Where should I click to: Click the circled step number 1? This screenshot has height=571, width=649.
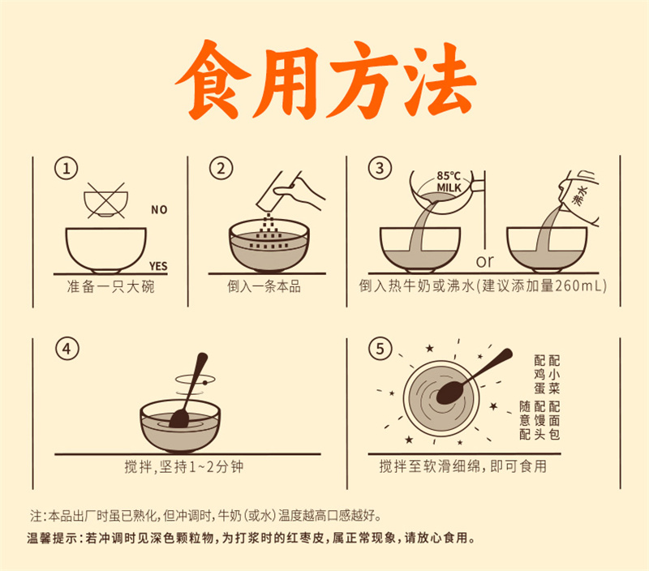tap(67, 169)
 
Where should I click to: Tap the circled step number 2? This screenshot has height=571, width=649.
tap(221, 169)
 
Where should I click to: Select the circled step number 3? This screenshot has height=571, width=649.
tap(380, 169)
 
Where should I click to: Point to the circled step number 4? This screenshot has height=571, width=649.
tap(67, 350)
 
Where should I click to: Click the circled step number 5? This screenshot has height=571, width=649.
tap(380, 349)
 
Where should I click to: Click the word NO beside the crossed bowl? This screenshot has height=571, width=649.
tap(159, 210)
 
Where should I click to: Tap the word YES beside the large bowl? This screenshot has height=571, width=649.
tap(158, 266)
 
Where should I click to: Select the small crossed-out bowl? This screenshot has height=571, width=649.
tap(105, 200)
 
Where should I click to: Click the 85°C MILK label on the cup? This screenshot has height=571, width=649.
tap(449, 182)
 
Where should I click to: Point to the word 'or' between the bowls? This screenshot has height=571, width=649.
tap(484, 261)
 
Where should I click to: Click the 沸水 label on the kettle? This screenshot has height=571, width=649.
tap(580, 195)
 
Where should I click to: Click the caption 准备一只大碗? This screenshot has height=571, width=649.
tap(110, 286)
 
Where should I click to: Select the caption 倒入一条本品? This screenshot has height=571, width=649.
tap(264, 286)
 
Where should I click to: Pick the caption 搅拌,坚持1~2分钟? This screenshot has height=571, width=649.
tap(184, 466)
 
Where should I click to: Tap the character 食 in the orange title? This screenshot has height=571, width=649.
tap(213, 79)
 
